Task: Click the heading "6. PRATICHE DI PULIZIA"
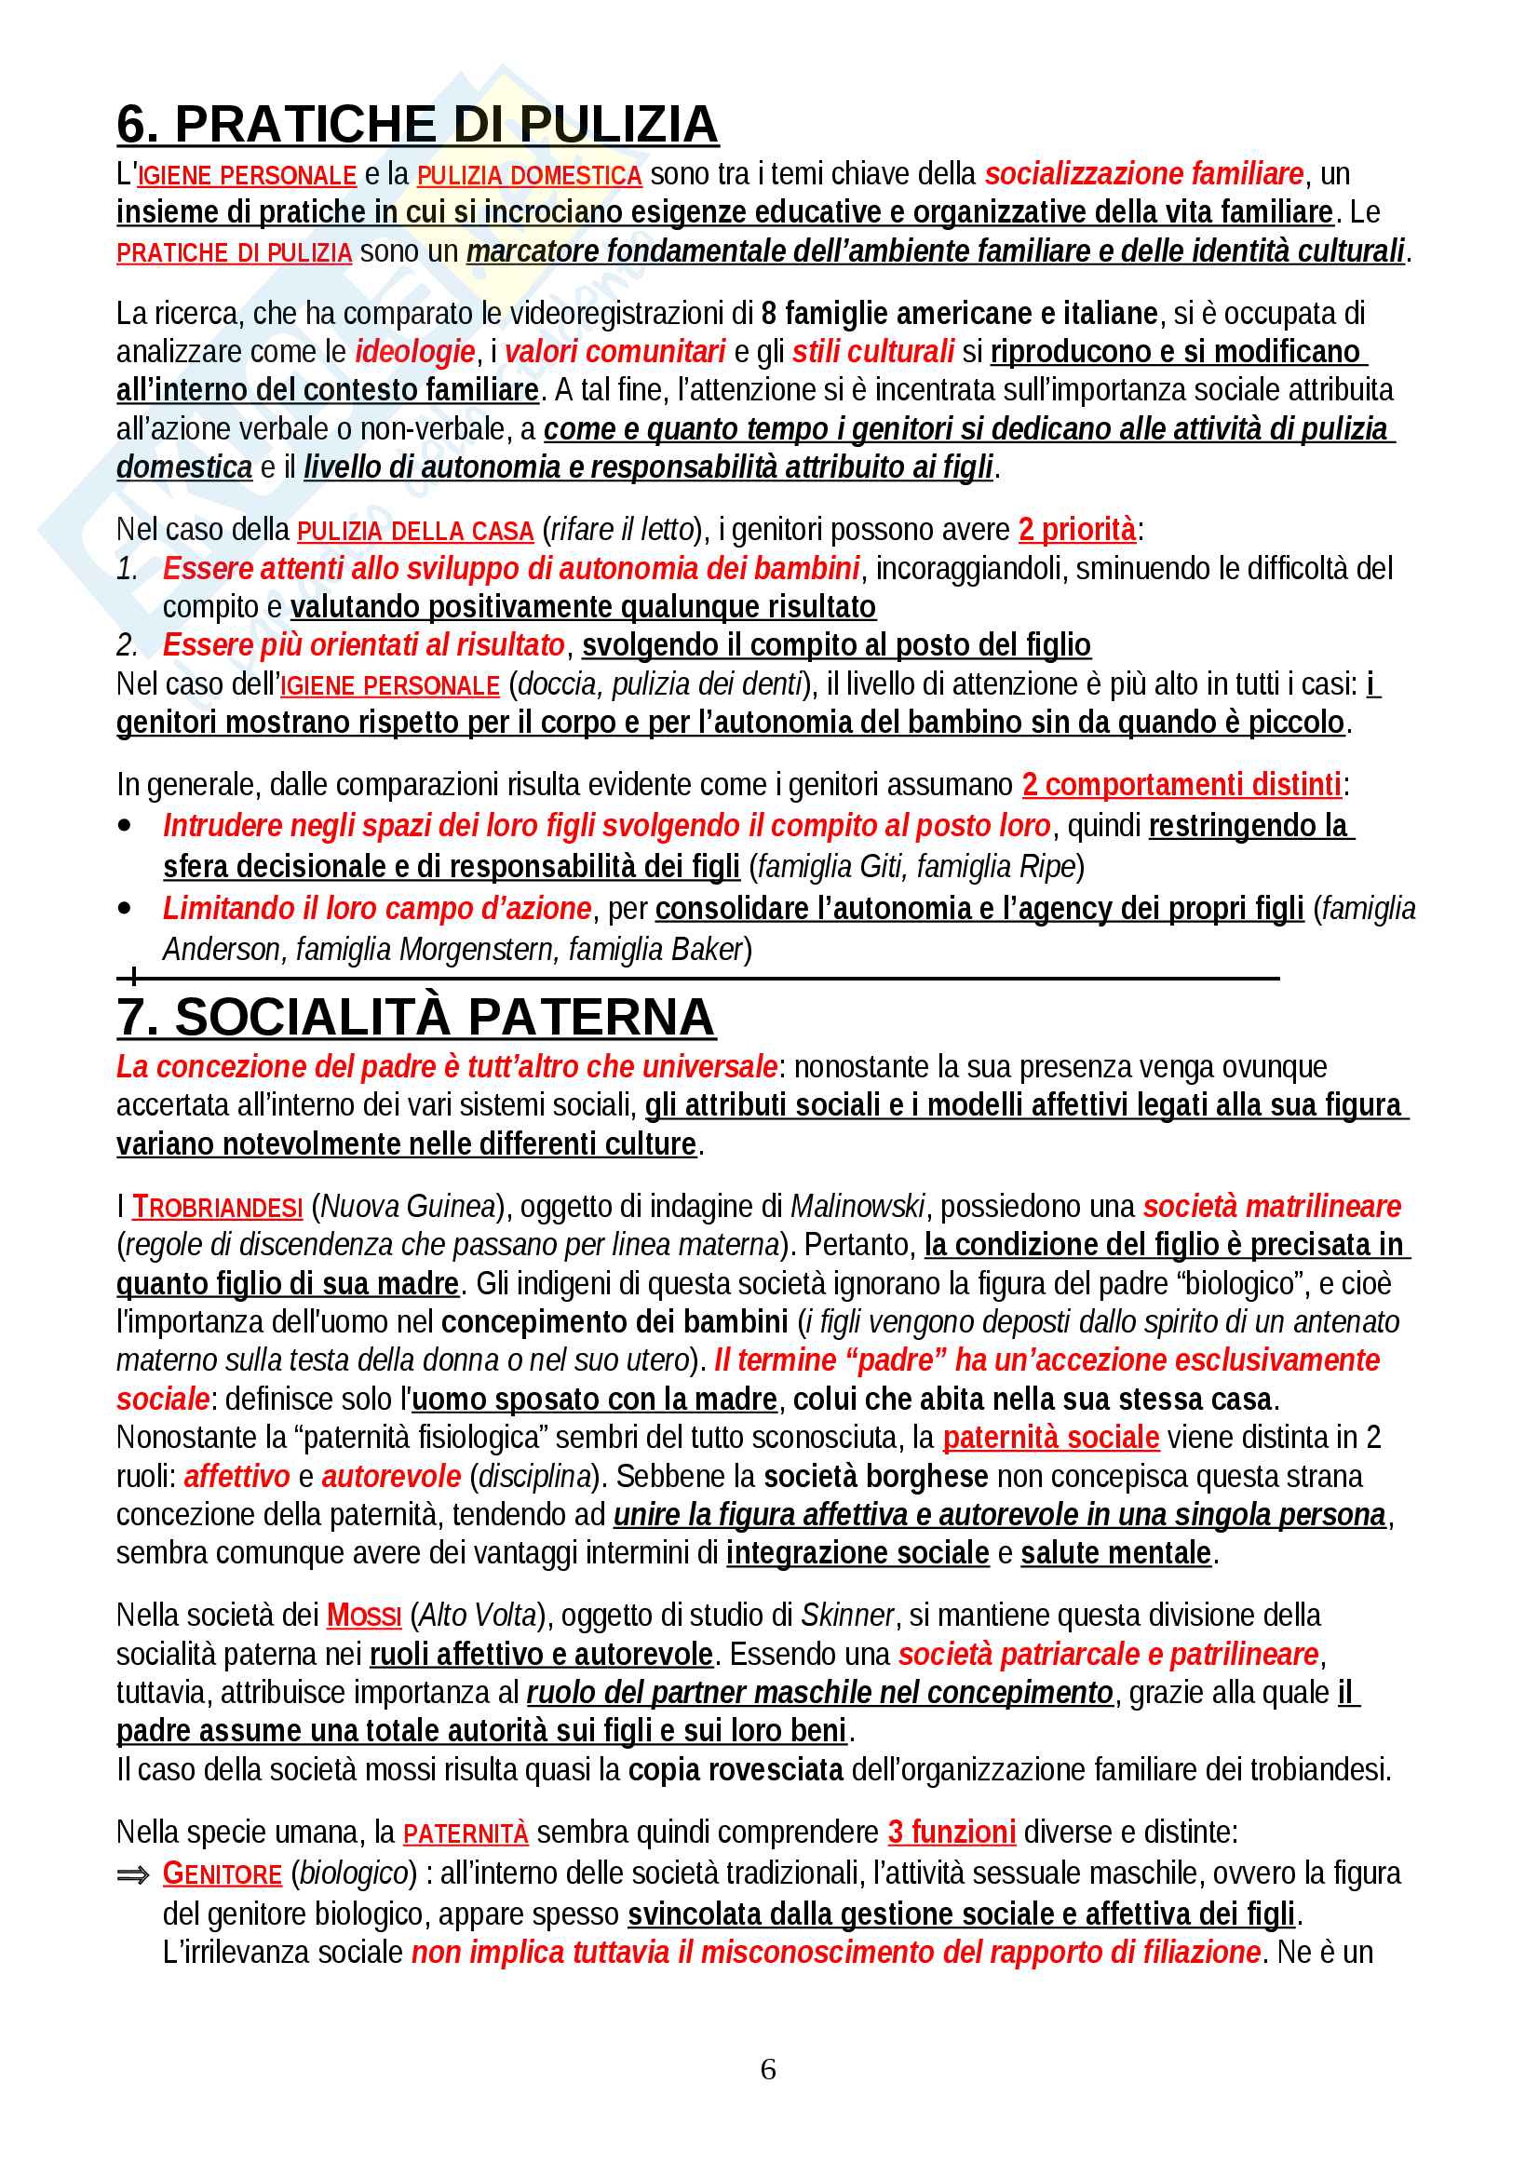(x=417, y=124)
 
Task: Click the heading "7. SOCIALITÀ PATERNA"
(x=415, y=1017)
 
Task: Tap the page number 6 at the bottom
(x=768, y=2069)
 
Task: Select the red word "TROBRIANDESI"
(x=217, y=1207)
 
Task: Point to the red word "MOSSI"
(x=364, y=1616)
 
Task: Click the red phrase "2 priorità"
(x=1076, y=529)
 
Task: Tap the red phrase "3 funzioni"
(x=952, y=1832)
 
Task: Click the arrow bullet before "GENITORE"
(x=133, y=1874)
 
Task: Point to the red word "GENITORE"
(x=222, y=1874)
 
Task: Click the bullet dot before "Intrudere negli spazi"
(x=124, y=826)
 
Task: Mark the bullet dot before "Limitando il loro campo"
(x=124, y=909)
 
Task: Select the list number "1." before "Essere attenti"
(x=127, y=569)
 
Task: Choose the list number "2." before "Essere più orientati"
(x=127, y=646)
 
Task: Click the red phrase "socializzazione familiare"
(x=1143, y=174)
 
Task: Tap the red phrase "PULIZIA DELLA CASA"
(x=415, y=531)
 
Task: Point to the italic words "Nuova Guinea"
(x=409, y=1207)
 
